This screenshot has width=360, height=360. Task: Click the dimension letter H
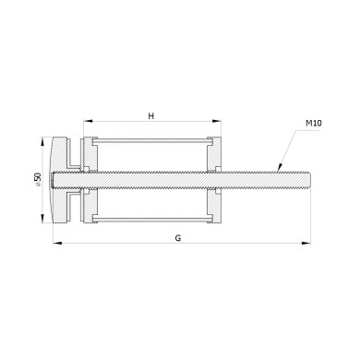[150, 116]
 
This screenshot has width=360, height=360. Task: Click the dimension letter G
[178, 238]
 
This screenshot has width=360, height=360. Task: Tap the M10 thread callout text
[314, 123]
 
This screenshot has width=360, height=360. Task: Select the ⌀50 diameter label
[38, 179]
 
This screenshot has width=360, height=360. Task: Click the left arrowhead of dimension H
[88, 121]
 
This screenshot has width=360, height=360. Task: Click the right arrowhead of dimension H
[217, 121]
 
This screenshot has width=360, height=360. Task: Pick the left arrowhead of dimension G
[57, 243]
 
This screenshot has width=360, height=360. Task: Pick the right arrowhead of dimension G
[306, 243]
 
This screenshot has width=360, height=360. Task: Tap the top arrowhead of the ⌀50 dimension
[42, 141]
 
